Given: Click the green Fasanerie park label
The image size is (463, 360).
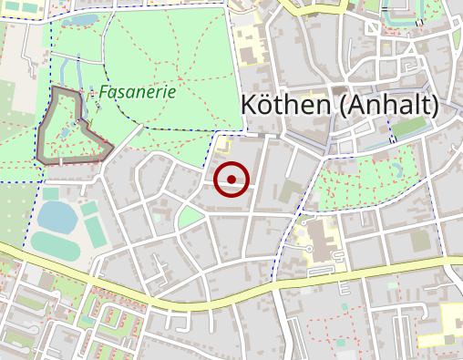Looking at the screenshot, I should coord(137,92).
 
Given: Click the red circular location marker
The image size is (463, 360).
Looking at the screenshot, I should coord(232,179).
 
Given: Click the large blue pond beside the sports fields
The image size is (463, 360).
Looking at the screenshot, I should coord(57,217).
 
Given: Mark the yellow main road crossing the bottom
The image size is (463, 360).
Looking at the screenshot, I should coord(273,285).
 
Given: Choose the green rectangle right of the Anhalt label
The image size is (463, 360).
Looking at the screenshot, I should coord(409,127).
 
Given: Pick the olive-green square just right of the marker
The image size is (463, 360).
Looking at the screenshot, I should coord(291,191).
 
